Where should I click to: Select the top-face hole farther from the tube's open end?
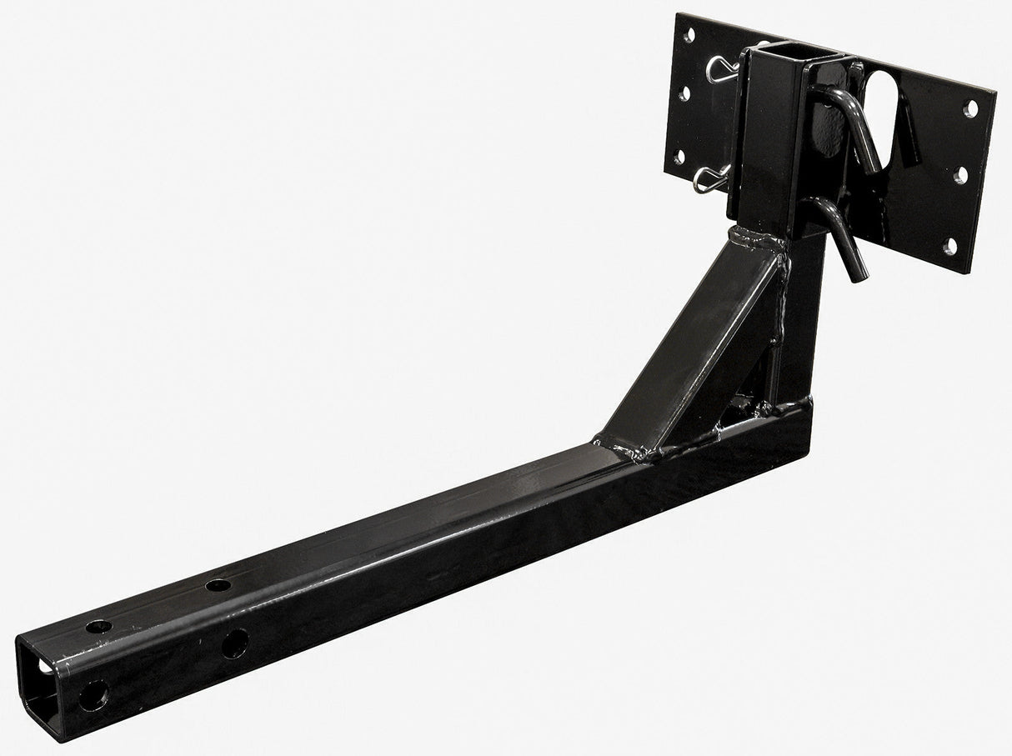(x=219, y=584)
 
